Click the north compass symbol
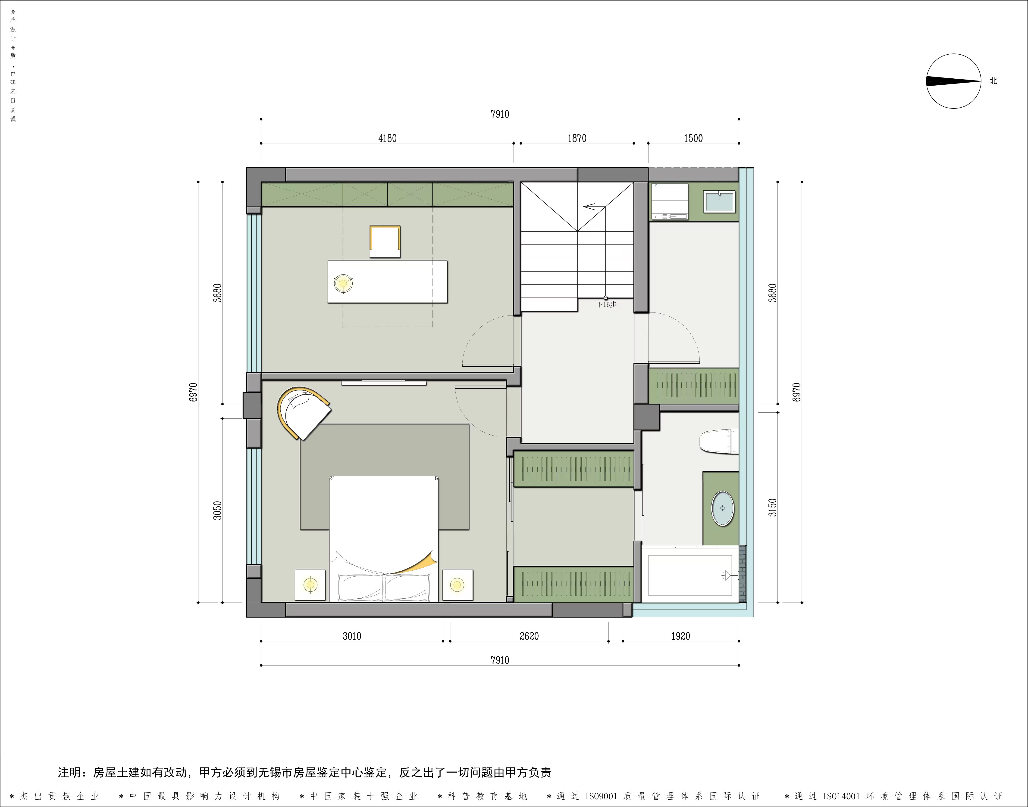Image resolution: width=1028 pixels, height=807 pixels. click(x=953, y=81)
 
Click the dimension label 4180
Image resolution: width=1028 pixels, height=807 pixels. click(x=387, y=139)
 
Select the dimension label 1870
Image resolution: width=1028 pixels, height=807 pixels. click(x=577, y=139)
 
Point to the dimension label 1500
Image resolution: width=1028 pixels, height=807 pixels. click(x=693, y=139)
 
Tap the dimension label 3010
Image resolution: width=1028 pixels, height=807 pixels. click(x=352, y=637)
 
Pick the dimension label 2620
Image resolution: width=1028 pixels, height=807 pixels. click(x=529, y=637)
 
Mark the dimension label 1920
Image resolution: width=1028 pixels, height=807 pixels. click(x=680, y=637)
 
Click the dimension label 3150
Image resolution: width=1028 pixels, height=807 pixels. click(x=772, y=507)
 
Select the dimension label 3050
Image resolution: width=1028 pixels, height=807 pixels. click(x=217, y=510)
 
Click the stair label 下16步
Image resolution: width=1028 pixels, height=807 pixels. click(x=606, y=305)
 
